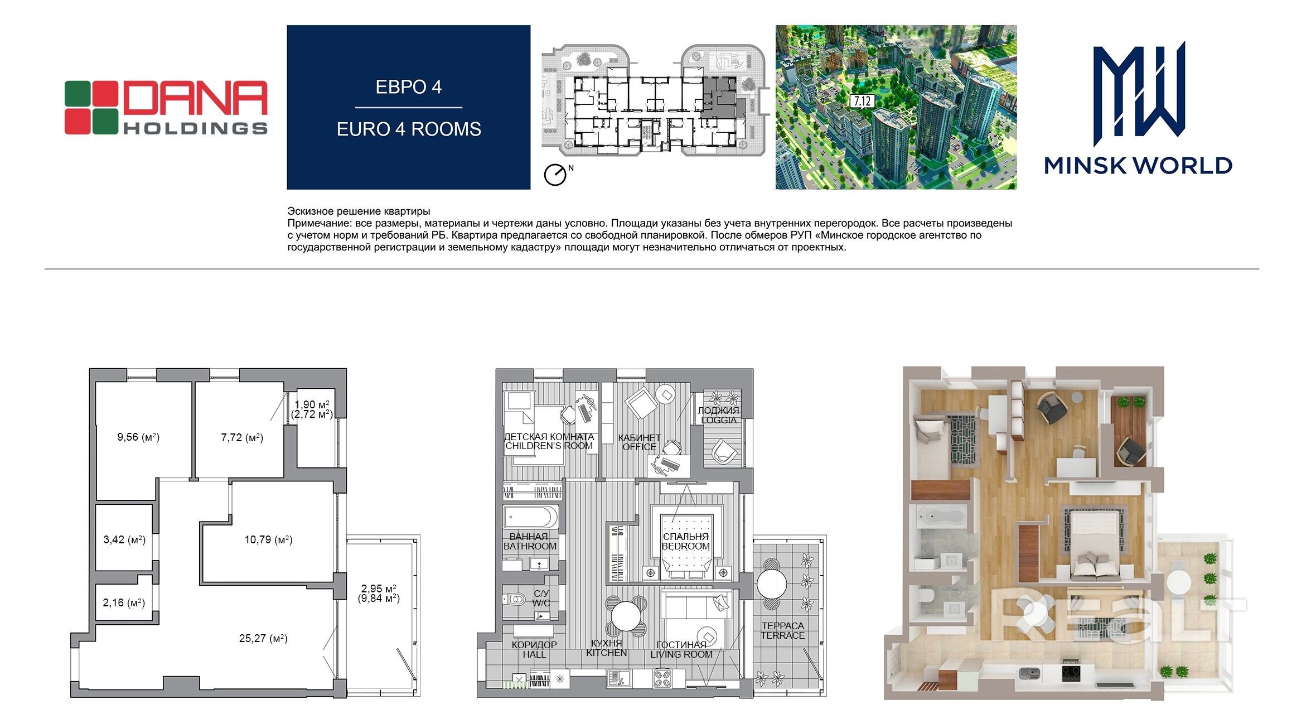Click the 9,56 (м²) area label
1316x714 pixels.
[x=138, y=437]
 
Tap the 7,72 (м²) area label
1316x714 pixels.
[x=242, y=438]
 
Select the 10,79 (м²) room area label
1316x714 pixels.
[x=268, y=539]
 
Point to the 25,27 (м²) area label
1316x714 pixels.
[x=263, y=639]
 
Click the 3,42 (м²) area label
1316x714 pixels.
[x=124, y=539]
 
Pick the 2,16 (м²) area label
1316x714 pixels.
[x=124, y=602]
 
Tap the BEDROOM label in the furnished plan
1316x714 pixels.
[x=686, y=547]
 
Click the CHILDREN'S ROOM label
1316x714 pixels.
[x=549, y=446]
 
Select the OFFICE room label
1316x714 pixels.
[x=640, y=447]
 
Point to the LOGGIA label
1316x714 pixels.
[x=719, y=421]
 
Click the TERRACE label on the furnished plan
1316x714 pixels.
[x=783, y=636]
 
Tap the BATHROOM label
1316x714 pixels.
[x=530, y=547]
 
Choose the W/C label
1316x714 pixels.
[x=541, y=604]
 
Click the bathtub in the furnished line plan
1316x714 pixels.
[x=531, y=518]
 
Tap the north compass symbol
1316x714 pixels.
[x=555, y=175]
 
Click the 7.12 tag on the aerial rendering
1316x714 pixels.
[x=862, y=102]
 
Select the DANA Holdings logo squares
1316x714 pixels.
[x=91, y=108]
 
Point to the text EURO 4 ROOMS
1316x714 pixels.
[x=409, y=129]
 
